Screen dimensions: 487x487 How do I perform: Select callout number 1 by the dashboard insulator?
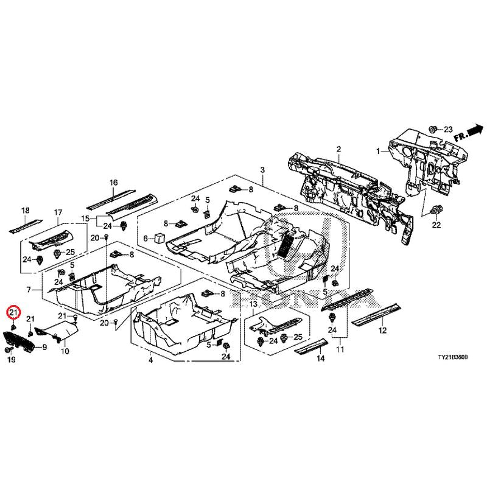(x=377, y=150)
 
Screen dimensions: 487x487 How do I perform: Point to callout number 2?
(x=338, y=149)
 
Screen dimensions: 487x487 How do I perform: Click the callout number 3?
(x=262, y=169)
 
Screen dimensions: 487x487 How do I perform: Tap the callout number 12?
(x=382, y=331)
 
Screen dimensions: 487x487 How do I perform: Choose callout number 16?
(x=113, y=183)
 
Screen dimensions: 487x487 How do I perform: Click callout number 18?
(x=25, y=211)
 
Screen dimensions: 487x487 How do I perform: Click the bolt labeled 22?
(x=434, y=211)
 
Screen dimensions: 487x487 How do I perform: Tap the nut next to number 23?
(x=432, y=129)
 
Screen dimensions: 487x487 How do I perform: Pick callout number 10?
(x=65, y=352)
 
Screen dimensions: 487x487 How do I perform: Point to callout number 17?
(x=58, y=212)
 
